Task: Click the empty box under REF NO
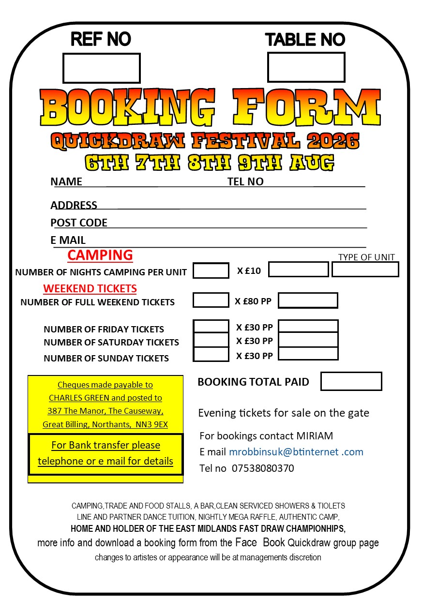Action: pyautogui.click(x=101, y=68)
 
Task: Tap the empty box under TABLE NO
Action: pyautogui.click(x=306, y=67)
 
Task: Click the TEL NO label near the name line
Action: pyautogui.click(x=245, y=181)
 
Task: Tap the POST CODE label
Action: pyautogui.click(x=79, y=223)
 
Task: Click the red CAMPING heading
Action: pyautogui.click(x=100, y=255)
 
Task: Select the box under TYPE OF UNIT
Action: pyautogui.click(x=365, y=270)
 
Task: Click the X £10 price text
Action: pyautogui.click(x=249, y=270)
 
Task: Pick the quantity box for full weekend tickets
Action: pyautogui.click(x=211, y=300)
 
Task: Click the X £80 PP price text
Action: pyautogui.click(x=253, y=301)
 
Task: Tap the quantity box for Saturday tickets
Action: pyautogui.click(x=211, y=340)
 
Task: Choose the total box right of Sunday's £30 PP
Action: pyautogui.click(x=308, y=354)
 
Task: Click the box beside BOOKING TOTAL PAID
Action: pyautogui.click(x=351, y=381)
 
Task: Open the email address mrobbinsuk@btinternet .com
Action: pyautogui.click(x=296, y=452)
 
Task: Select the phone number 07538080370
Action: pyautogui.click(x=263, y=468)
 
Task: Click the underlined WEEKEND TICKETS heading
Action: pyautogui.click(x=90, y=288)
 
